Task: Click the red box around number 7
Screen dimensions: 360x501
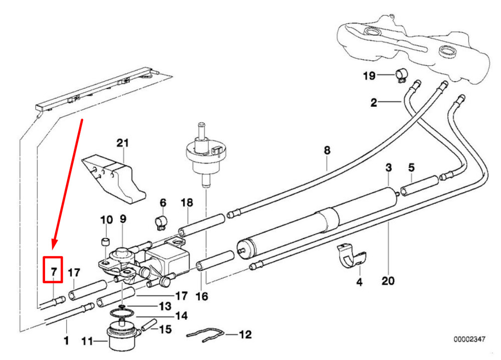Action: pyautogui.click(x=53, y=270)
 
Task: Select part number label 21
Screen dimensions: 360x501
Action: pyautogui.click(x=123, y=143)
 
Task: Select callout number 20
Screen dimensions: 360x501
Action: pyautogui.click(x=388, y=281)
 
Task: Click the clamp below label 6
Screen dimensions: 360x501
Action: pyautogui.click(x=160, y=222)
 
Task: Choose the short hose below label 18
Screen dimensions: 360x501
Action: pyautogui.click(x=201, y=226)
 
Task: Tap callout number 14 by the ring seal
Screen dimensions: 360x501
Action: pyautogui.click(x=181, y=316)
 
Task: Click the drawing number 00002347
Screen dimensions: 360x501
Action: pyautogui.click(x=469, y=339)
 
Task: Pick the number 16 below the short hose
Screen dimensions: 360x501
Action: pyautogui.click(x=201, y=296)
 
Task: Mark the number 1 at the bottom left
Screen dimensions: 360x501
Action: pyautogui.click(x=66, y=341)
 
